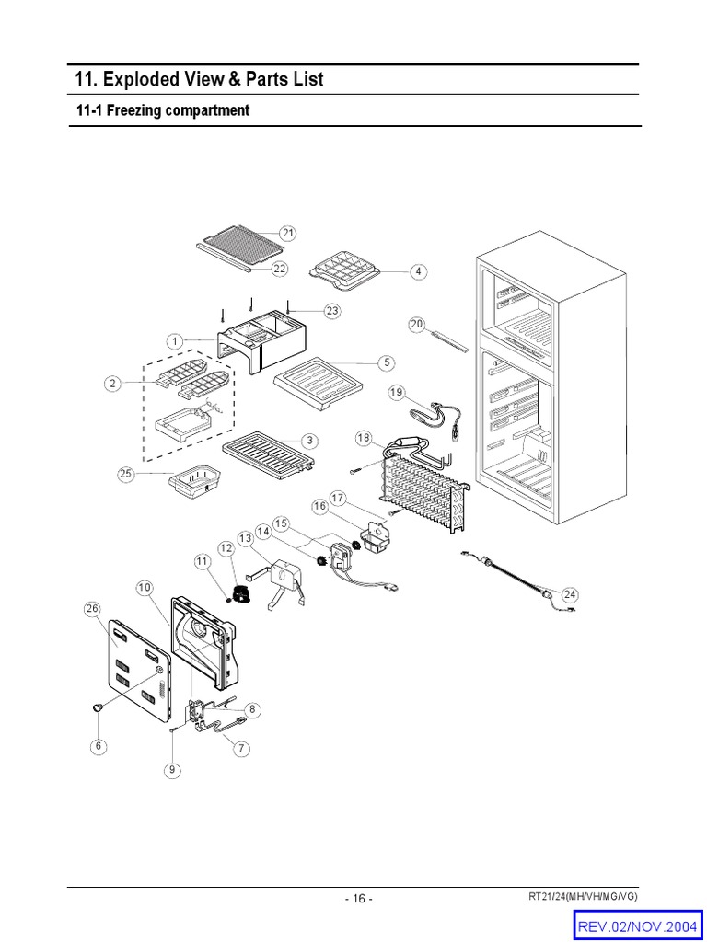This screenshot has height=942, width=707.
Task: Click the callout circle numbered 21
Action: click(x=288, y=234)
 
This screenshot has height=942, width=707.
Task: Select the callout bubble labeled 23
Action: click(x=331, y=311)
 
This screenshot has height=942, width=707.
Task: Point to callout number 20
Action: click(x=416, y=325)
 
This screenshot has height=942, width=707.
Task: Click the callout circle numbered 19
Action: click(x=397, y=393)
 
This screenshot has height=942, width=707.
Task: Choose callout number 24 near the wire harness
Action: click(x=570, y=594)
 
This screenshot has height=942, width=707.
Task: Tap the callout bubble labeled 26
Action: click(x=91, y=609)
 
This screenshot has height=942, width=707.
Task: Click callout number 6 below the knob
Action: click(x=99, y=746)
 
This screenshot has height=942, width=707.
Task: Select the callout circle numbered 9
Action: click(x=171, y=770)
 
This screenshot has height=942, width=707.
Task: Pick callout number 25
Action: click(x=126, y=474)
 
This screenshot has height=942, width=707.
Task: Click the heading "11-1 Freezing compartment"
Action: click(x=163, y=110)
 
